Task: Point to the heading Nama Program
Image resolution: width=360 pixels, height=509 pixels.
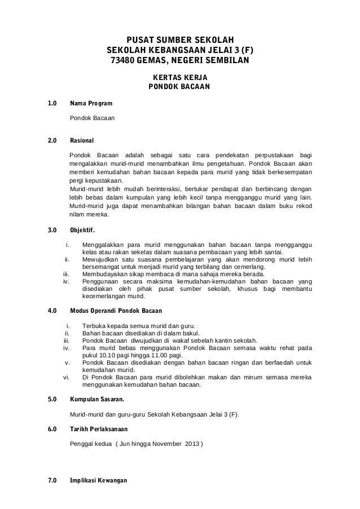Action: (90, 104)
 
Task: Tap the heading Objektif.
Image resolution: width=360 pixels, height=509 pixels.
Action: (82, 230)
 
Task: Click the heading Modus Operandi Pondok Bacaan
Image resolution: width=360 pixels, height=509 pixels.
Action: (116, 311)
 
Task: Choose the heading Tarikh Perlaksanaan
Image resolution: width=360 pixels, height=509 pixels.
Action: (99, 429)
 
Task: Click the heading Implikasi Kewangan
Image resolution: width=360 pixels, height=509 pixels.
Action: (98, 481)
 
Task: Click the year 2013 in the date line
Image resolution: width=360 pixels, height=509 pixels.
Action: (191, 444)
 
